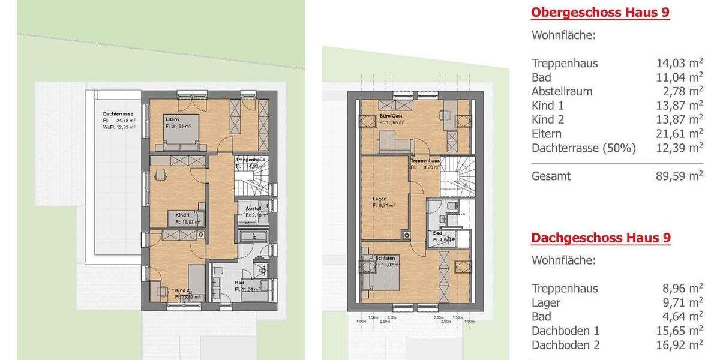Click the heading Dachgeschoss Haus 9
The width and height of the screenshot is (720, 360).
(x=601, y=238)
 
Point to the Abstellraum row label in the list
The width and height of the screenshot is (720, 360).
(x=562, y=92)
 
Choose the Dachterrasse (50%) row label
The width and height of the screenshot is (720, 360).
(x=583, y=148)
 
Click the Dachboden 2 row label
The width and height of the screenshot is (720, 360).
(x=565, y=344)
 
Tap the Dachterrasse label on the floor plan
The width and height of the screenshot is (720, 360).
(x=118, y=113)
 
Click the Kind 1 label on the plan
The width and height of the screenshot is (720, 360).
(x=182, y=215)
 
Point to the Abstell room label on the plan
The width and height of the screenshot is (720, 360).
(x=253, y=208)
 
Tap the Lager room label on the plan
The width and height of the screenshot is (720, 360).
(x=379, y=198)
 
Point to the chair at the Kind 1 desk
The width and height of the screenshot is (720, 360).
(x=158, y=175)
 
